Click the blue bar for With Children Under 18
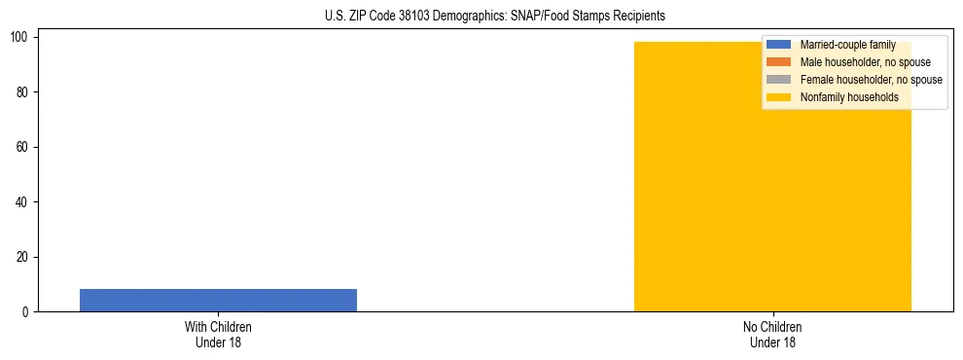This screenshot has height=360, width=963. [x=218, y=300]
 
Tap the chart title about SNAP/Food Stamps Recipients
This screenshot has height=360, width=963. [x=494, y=16]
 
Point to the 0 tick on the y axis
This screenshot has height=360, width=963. [x=29, y=312]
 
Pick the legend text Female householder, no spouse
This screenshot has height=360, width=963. [x=871, y=80]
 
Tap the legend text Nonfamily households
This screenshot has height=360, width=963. [x=849, y=97]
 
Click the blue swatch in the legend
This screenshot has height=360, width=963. [x=779, y=45]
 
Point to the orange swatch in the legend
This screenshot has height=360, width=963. [x=779, y=62]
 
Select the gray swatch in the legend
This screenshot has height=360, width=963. [x=779, y=80]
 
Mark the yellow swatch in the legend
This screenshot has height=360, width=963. [x=779, y=97]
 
